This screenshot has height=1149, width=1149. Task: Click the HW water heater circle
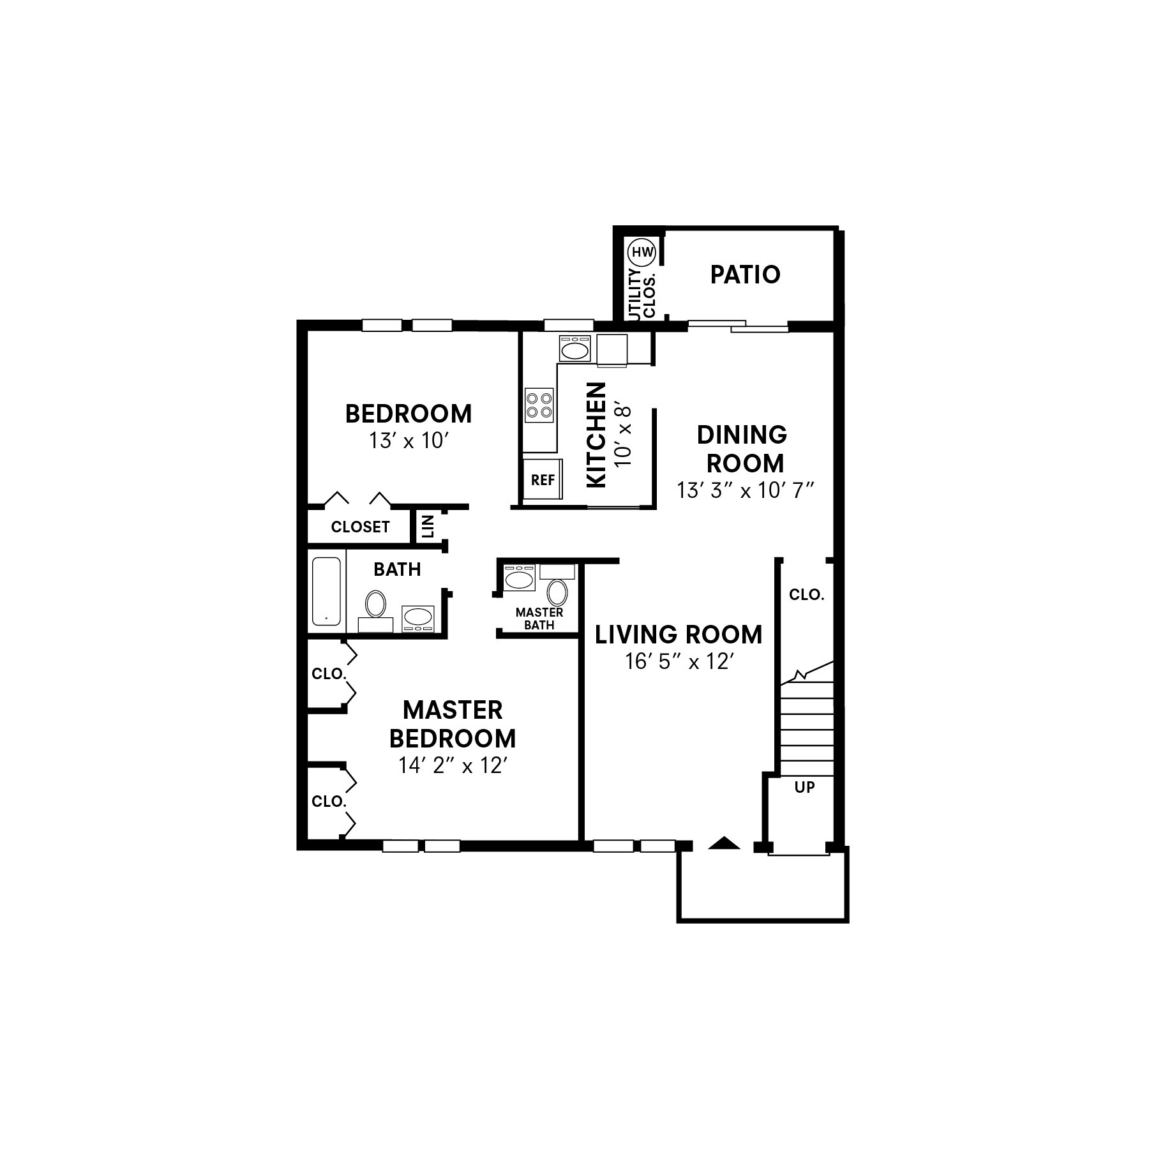point(642,252)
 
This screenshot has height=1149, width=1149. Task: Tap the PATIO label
point(745,274)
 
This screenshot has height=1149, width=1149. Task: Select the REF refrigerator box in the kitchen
point(543,479)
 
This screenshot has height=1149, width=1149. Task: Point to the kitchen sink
point(575,349)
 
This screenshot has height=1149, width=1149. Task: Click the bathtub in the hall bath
point(326,591)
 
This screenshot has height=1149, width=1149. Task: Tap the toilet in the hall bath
point(375,603)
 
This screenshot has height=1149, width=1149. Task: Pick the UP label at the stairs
point(804,787)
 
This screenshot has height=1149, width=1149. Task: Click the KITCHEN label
point(596,435)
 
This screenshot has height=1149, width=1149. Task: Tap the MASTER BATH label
point(539,619)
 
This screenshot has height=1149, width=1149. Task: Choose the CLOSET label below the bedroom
point(360,527)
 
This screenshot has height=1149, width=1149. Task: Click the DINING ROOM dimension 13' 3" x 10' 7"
point(744,490)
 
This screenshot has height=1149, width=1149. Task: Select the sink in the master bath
point(518,579)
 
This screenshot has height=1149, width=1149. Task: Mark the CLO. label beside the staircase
point(806,594)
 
